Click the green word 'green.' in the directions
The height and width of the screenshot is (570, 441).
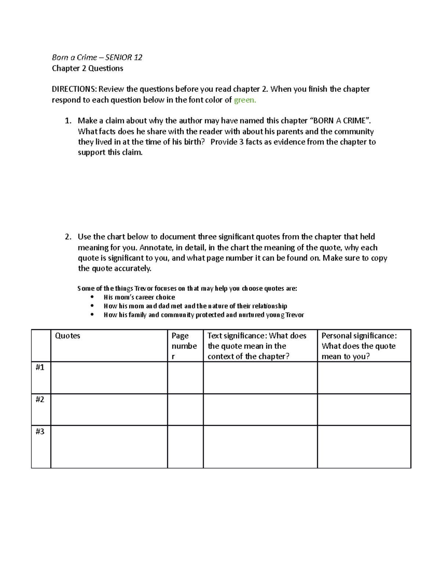245,100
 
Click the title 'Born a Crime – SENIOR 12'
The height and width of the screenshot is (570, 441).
97,57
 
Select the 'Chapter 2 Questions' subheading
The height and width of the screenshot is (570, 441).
87,68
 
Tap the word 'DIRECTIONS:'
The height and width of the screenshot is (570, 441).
74,89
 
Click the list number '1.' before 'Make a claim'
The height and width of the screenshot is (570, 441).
68,121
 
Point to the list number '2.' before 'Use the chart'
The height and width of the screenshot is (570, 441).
68,237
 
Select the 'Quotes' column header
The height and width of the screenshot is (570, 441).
68,335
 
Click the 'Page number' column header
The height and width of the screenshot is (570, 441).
184,346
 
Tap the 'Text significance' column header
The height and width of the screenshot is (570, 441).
257,346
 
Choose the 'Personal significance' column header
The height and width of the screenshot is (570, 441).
359,346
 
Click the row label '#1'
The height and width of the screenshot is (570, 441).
40,367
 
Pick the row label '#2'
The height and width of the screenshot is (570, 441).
40,399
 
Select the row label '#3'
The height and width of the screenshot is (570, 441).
40,431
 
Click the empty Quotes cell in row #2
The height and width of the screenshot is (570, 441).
109,410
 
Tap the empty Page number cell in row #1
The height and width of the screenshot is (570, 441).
185,378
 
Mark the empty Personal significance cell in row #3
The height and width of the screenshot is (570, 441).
364,447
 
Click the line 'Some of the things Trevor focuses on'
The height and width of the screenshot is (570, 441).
187,288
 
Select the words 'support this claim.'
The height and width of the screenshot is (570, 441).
110,152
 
